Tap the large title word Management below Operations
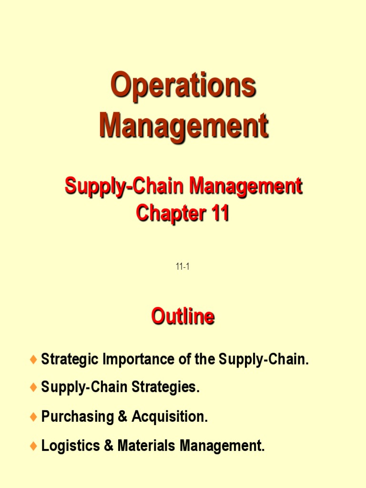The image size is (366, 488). [x=183, y=126]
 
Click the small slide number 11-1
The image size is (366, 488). [x=183, y=267]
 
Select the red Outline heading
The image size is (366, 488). [x=183, y=316]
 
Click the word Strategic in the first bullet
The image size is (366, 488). [x=70, y=360]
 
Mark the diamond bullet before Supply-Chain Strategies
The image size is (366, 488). [x=33, y=388]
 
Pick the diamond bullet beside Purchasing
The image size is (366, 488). [x=33, y=417]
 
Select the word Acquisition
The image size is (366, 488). [x=170, y=417]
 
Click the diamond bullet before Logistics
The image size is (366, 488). [x=33, y=447]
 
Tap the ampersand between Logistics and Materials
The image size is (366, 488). [x=107, y=446]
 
